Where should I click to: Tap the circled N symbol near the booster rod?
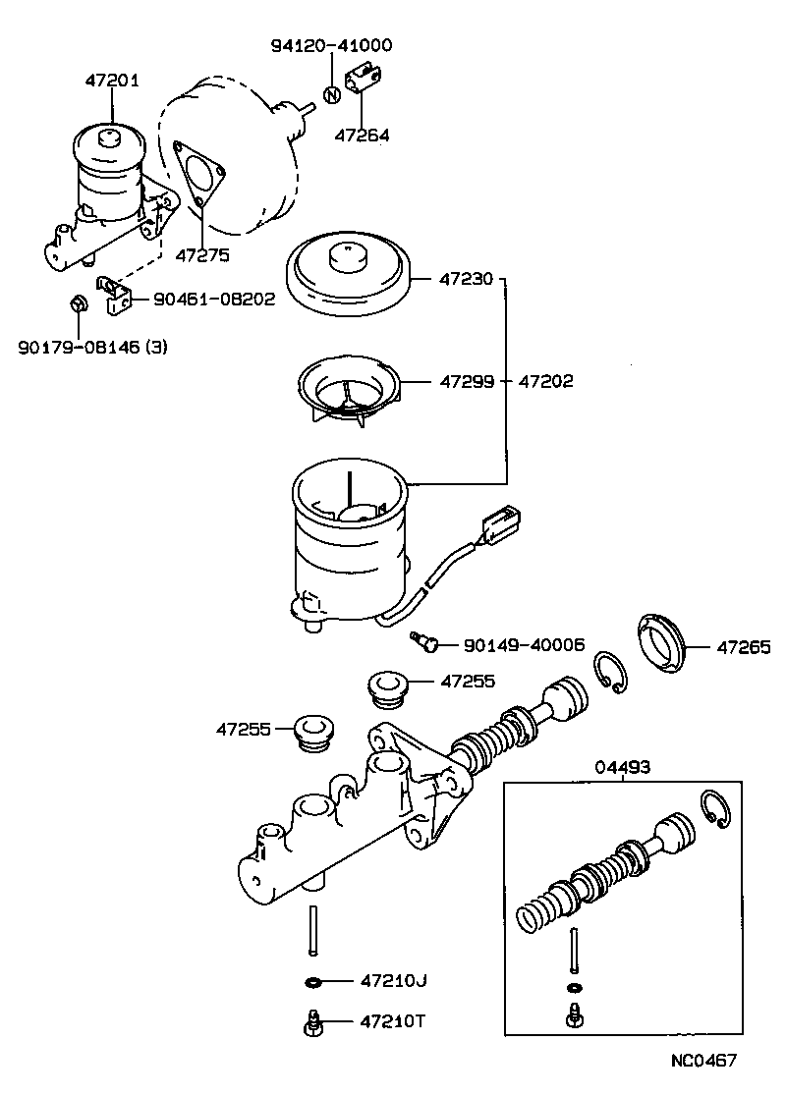(x=331, y=95)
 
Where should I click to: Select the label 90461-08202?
(x=213, y=299)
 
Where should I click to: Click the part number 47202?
(x=546, y=381)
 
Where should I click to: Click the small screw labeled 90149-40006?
(x=424, y=642)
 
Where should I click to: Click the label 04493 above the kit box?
(x=623, y=767)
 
